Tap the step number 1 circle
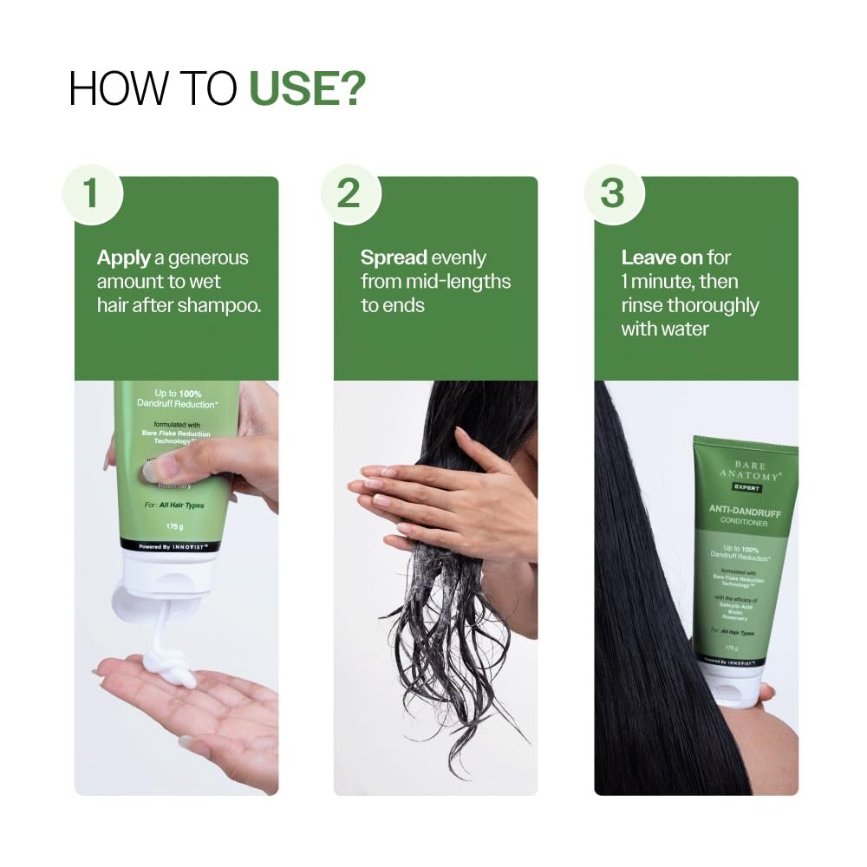tap(90, 193)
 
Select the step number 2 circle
tap(349, 193)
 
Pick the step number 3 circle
tap(612, 193)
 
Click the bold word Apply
tap(123, 257)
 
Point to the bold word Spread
tap(394, 257)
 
